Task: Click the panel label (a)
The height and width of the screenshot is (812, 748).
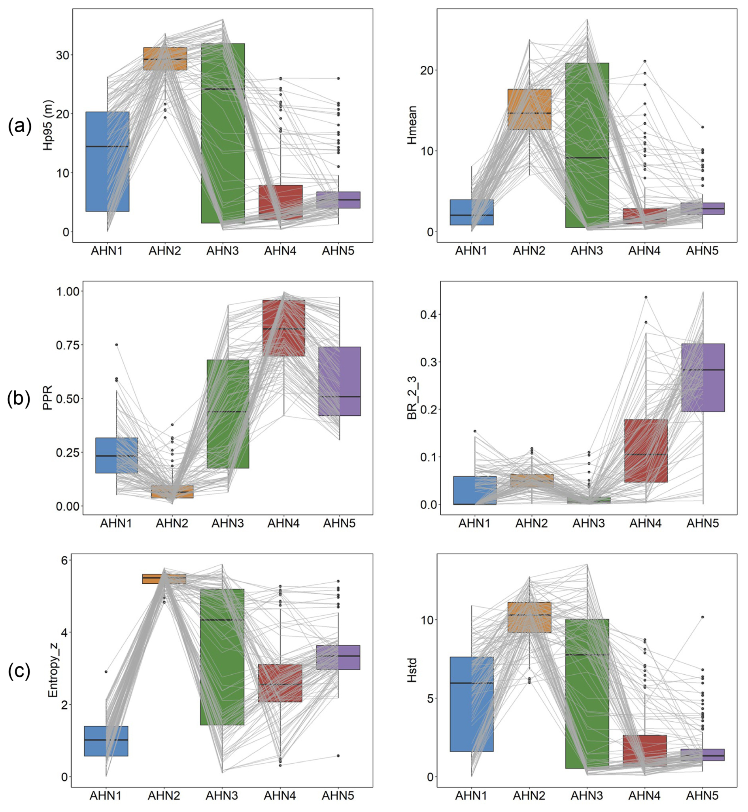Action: pyautogui.click(x=19, y=127)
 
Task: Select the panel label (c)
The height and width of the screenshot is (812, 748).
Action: pyautogui.click(x=19, y=672)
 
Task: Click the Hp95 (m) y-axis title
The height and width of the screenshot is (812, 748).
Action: pyautogui.click(x=48, y=124)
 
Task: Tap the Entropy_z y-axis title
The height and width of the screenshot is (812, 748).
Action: pyautogui.click(x=53, y=672)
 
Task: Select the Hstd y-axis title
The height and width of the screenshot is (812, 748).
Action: pyautogui.click(x=412, y=671)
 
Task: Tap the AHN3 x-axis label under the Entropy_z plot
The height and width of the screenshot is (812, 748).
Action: pyautogui.click(x=222, y=795)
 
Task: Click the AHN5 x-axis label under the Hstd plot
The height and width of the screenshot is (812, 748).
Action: pyautogui.click(x=702, y=795)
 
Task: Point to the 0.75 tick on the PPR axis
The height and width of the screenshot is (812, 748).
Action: pyautogui.click(x=67, y=345)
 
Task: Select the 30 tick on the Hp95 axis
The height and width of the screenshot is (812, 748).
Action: pyautogui.click(x=62, y=55)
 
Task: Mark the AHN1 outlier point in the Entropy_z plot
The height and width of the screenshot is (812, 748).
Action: pyautogui.click(x=106, y=672)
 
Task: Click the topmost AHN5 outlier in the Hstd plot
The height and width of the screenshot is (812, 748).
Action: pyautogui.click(x=703, y=617)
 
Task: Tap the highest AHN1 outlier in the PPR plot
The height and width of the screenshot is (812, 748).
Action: pyautogui.click(x=117, y=345)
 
